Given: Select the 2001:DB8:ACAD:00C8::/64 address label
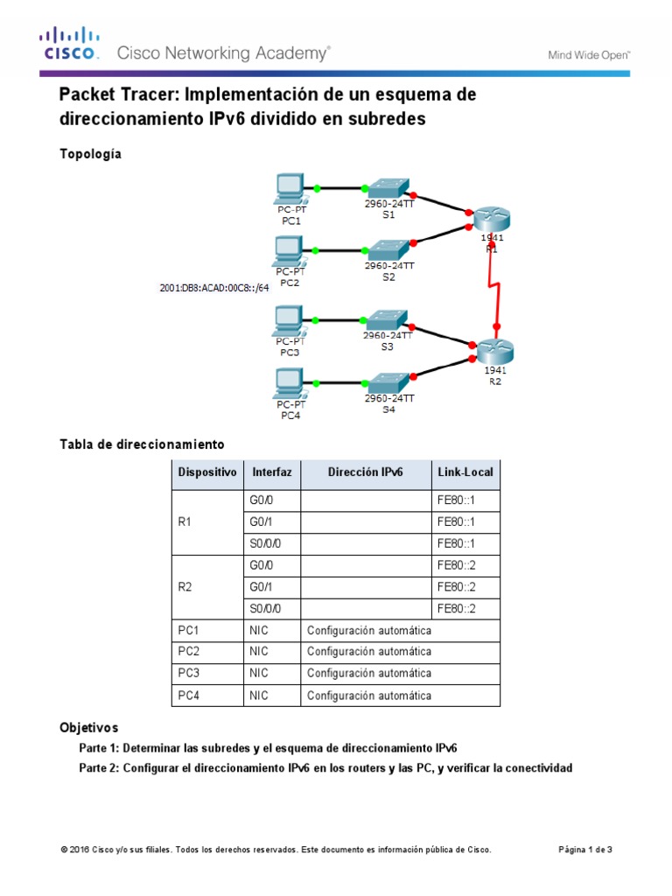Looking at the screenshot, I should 214,287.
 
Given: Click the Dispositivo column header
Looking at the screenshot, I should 207,472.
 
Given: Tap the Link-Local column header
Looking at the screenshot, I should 465,472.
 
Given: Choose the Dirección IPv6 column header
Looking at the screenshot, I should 366,472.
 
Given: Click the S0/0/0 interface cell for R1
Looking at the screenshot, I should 264,543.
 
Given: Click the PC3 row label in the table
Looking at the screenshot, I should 190,674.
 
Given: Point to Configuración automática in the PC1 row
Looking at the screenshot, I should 368,631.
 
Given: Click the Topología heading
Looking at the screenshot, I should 90,154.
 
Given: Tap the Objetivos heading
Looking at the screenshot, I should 88,727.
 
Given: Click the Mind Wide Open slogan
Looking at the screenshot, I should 589,54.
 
